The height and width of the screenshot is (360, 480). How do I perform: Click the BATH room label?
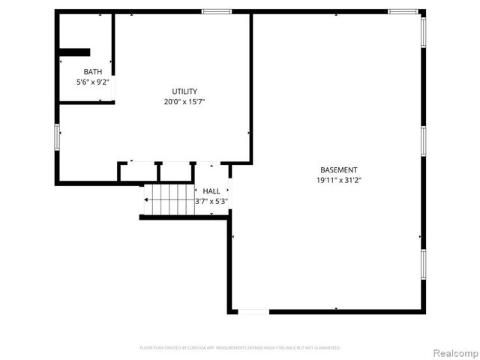point(93,72)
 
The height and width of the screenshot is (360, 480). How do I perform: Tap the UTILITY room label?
point(184,91)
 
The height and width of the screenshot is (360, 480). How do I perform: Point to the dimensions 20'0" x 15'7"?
point(184,101)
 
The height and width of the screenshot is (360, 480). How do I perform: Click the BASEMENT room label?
point(339,170)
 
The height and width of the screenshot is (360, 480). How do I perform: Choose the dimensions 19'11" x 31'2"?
point(339,180)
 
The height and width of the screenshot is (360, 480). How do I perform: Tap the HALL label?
point(211,191)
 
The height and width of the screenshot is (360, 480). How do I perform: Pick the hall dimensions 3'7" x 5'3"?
point(211,201)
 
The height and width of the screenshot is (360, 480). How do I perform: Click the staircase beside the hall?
point(169,199)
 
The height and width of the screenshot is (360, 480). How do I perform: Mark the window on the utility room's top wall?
point(217,11)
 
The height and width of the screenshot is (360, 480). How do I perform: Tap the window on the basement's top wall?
point(403,11)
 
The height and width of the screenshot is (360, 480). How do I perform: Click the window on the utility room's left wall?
point(57,137)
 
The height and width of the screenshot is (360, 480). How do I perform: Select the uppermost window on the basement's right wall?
point(423,31)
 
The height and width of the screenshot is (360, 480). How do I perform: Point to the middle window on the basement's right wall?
point(423,141)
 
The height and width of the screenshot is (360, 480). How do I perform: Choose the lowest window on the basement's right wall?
point(423,264)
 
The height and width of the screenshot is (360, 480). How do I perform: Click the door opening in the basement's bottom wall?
point(253,311)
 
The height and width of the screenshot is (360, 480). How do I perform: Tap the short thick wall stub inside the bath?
point(74,52)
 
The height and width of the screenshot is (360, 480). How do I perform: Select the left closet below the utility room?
point(138,172)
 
